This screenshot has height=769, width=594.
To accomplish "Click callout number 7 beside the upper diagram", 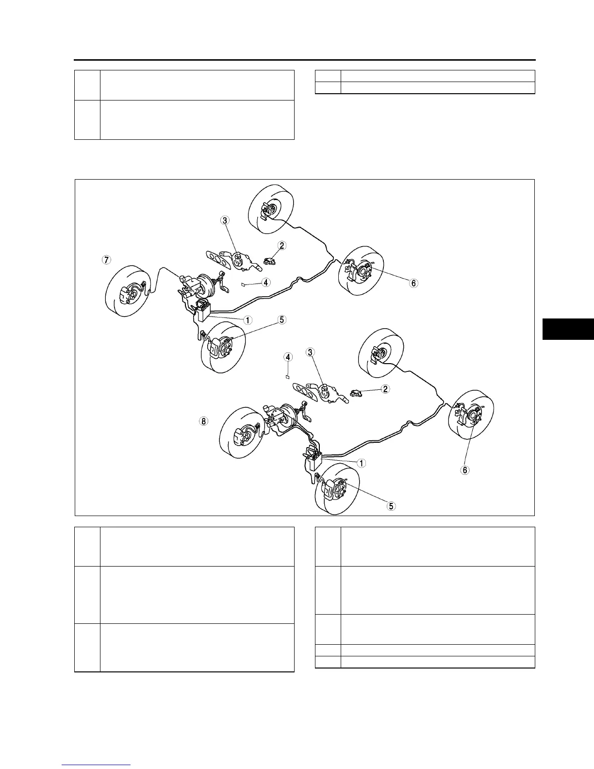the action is [x=106, y=260].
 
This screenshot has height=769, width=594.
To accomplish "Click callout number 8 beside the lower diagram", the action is [x=204, y=421].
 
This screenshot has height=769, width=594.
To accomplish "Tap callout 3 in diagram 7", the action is [x=225, y=220].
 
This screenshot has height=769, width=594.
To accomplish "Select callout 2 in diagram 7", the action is [x=282, y=246].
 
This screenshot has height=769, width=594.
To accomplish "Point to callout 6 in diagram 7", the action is [x=413, y=283].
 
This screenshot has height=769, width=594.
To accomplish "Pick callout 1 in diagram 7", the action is [x=248, y=320].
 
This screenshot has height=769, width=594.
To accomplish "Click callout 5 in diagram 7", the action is [x=282, y=320].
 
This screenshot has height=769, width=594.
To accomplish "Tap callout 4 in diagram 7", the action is [x=266, y=282].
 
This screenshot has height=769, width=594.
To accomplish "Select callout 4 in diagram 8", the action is [x=288, y=357].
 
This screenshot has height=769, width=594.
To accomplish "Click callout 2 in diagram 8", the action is [x=385, y=389].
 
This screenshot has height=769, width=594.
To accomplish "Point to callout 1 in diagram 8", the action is [x=362, y=463].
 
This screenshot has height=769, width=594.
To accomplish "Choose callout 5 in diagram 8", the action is [x=391, y=506].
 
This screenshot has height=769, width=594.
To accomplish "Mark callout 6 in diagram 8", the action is [x=465, y=470].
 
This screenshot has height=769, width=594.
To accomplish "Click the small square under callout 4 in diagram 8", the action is [x=288, y=376].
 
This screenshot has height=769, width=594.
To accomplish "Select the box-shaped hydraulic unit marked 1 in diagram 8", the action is [x=313, y=460].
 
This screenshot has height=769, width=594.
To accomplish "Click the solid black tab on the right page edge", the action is [x=568, y=329].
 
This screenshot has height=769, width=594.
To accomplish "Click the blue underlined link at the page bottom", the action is [x=97, y=765].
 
